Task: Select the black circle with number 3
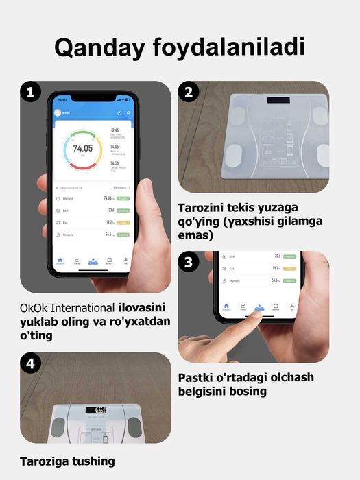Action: click(x=188, y=262)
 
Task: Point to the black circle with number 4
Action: click(x=29, y=363)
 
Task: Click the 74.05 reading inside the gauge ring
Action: click(x=82, y=148)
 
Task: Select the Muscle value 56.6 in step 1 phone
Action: click(x=109, y=235)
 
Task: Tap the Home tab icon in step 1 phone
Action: click(x=60, y=261)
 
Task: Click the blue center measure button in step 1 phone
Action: click(x=93, y=261)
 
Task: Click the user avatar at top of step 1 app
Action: click(x=58, y=112)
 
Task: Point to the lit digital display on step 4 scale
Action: click(x=95, y=410)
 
